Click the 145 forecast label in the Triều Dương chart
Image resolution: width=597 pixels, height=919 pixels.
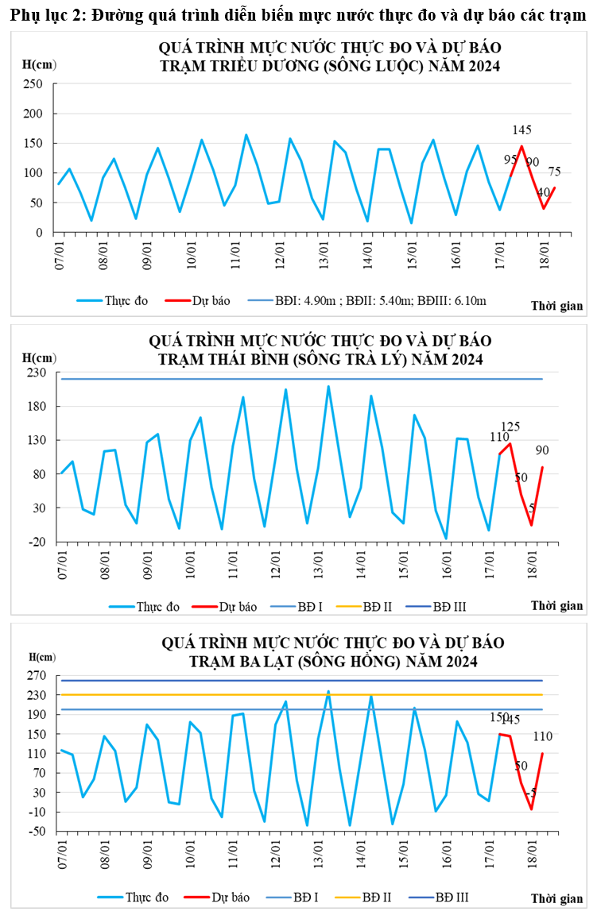point(522,130)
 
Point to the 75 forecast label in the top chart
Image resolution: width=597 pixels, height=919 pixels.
point(554,172)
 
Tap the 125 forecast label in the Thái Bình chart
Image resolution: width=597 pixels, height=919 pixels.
point(510,427)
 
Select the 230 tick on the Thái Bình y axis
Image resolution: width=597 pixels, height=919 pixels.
point(37,373)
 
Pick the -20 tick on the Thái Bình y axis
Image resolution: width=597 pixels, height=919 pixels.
point(37,542)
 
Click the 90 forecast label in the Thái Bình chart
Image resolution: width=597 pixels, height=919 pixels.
point(542,450)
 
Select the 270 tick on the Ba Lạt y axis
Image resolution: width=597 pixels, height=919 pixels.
point(37,676)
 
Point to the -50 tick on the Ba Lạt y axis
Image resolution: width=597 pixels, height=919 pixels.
point(37,832)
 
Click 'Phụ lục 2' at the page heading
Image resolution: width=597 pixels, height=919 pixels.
point(45,15)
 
